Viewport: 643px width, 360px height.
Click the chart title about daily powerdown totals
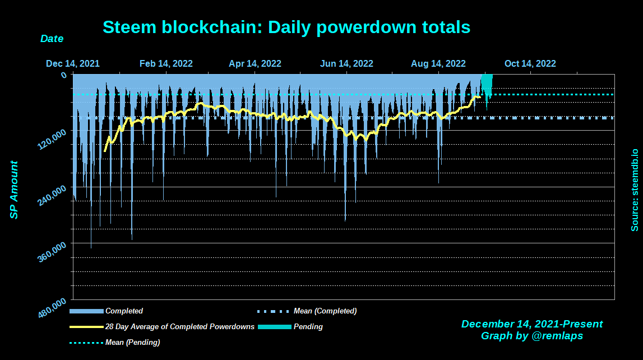click(286, 27)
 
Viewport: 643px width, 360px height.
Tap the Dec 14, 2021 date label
click(73, 64)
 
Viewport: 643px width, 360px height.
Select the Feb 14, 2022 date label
click(166, 64)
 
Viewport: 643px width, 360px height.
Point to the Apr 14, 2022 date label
click(255, 64)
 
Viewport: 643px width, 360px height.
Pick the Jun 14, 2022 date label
click(346, 64)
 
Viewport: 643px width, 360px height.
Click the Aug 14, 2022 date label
click(438, 64)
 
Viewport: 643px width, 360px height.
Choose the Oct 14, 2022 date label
click(530, 64)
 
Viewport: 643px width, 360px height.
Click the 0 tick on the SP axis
click(63, 75)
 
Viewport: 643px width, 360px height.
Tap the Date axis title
click(52, 39)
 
